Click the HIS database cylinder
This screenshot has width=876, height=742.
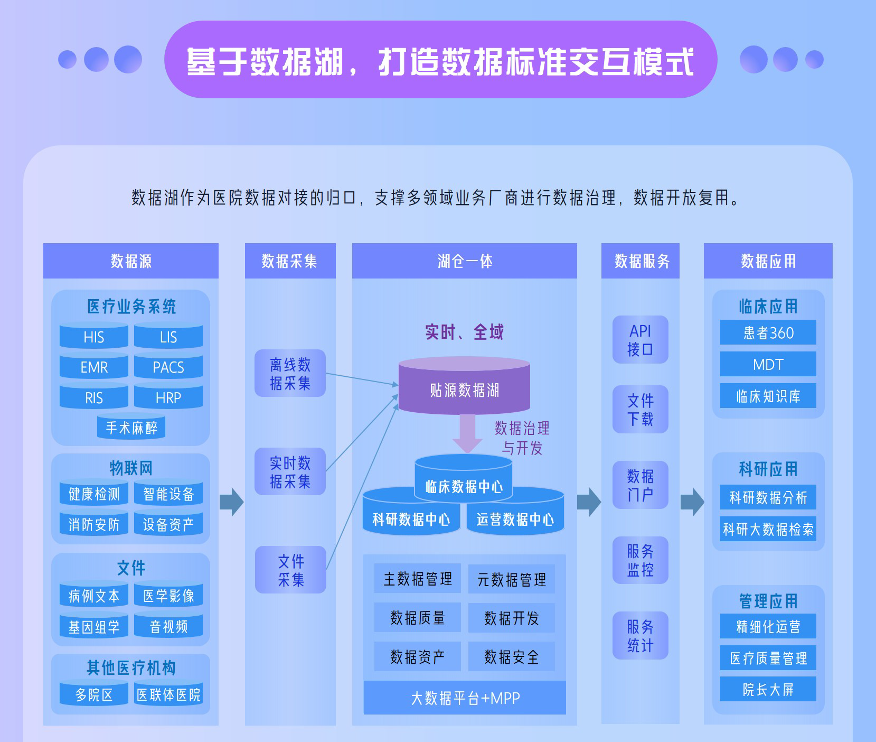[x=94, y=337]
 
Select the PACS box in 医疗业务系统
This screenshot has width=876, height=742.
[x=168, y=367]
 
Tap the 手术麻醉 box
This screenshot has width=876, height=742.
[x=131, y=428]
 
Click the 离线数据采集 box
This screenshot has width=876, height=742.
[x=290, y=373]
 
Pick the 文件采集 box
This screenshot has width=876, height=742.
[x=290, y=570]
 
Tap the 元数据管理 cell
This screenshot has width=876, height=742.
[x=511, y=579]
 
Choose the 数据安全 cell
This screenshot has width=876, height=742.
[x=511, y=657]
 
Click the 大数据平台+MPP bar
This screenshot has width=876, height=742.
[x=465, y=698]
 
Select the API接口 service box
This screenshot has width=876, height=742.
[x=640, y=340]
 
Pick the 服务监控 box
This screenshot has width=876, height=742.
[x=640, y=560]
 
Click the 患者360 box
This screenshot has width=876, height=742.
[x=768, y=332]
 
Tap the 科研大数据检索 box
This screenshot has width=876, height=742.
[x=768, y=529]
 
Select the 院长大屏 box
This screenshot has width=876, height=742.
[x=768, y=689]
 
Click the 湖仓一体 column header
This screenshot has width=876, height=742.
[x=464, y=261]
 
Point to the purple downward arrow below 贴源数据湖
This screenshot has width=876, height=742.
[x=467, y=433]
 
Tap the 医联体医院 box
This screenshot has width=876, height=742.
[x=168, y=694]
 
